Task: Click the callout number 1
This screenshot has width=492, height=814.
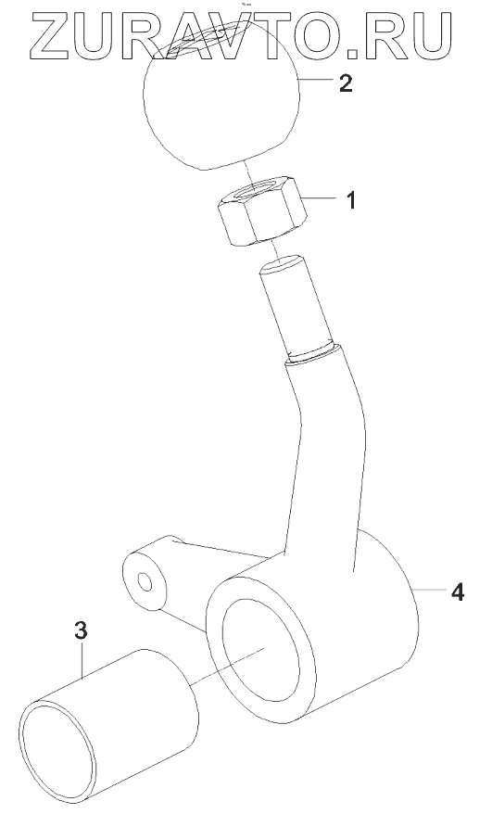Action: (x=351, y=200)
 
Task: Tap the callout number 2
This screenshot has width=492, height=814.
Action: (x=346, y=83)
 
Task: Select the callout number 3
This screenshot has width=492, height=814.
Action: (x=81, y=630)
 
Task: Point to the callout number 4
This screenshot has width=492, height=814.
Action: (x=457, y=591)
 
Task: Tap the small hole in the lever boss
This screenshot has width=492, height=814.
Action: (x=145, y=583)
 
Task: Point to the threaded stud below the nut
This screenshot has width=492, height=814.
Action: (x=296, y=306)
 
